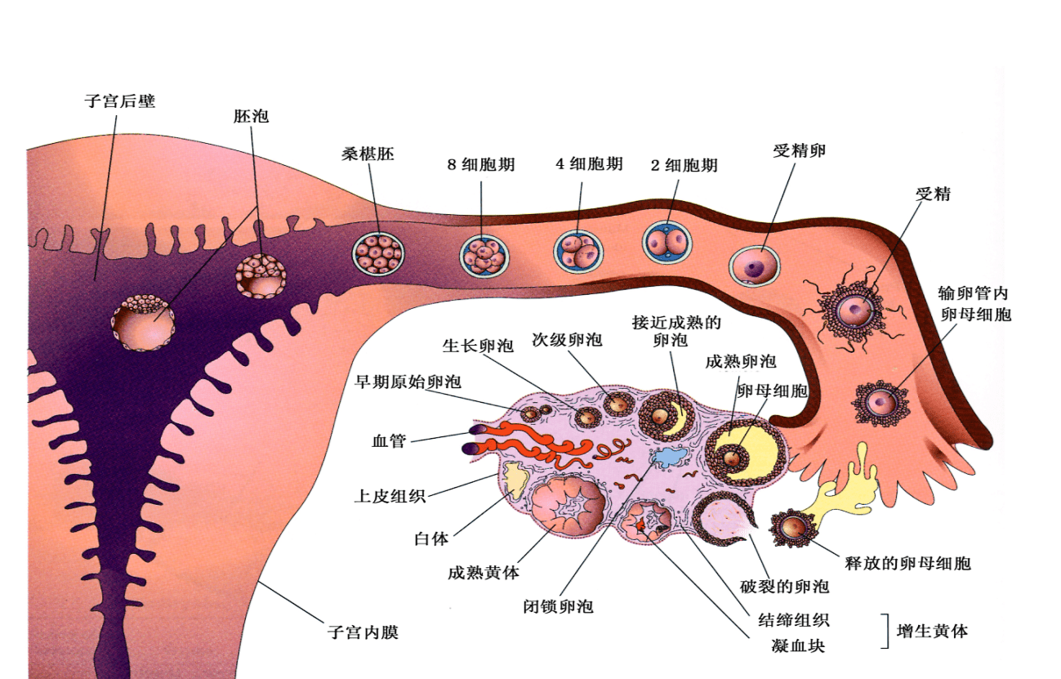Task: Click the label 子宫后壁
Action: click(x=119, y=102)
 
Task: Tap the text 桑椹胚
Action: click(x=368, y=154)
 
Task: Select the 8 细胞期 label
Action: click(x=481, y=163)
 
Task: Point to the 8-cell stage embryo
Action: click(x=484, y=254)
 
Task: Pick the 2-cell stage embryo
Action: click(x=667, y=243)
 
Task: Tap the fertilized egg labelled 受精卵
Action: click(x=755, y=265)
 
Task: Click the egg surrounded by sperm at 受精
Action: click(x=856, y=310)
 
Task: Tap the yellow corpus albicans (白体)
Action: click(x=514, y=480)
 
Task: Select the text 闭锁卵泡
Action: click(x=558, y=606)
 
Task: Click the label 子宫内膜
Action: click(x=363, y=632)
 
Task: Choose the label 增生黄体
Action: click(x=932, y=631)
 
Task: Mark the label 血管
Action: click(x=389, y=442)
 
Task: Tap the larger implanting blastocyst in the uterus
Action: click(x=144, y=323)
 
